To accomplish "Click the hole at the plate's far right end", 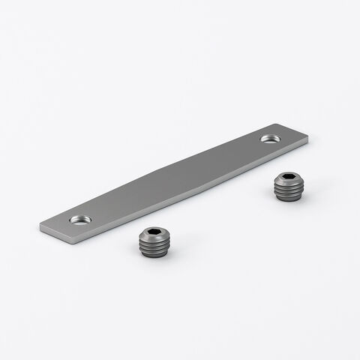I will [269, 139].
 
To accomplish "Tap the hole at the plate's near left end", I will [79, 220].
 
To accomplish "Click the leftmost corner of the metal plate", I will [38, 225].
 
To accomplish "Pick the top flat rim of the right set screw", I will [277, 178].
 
